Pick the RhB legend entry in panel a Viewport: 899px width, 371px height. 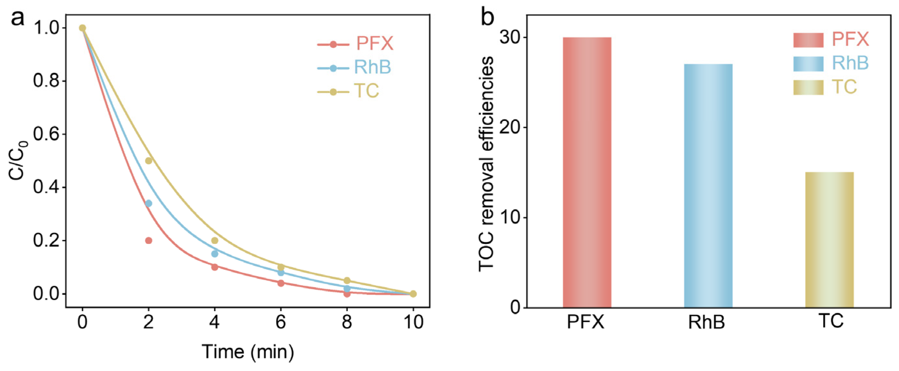354,67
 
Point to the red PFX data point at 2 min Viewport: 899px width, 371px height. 148,240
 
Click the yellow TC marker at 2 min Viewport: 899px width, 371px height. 148,161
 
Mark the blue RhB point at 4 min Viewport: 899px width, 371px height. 215,254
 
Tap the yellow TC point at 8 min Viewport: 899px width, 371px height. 347,281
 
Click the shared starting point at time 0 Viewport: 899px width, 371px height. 82,28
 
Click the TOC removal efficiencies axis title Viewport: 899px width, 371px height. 486,164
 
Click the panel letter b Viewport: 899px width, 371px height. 488,17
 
